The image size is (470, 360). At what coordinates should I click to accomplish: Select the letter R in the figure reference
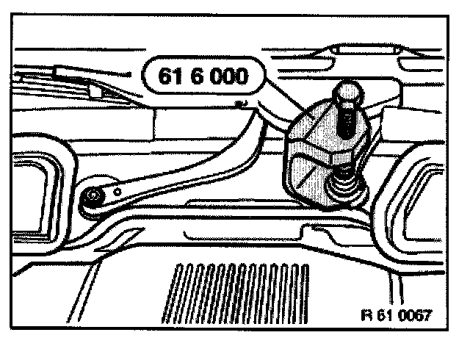[x=366, y=317]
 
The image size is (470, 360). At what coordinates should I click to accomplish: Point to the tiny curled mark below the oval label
[x=240, y=104]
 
